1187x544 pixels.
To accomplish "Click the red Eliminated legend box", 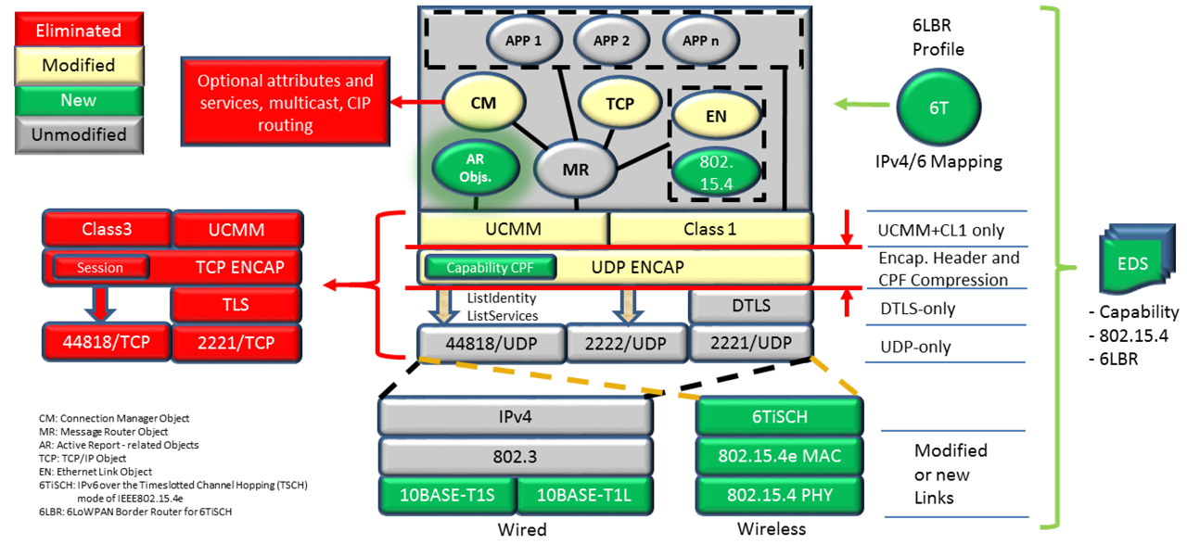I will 78,31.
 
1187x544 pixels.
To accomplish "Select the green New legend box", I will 78,100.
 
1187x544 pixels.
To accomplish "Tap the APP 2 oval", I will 612,41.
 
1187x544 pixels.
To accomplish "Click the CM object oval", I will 483,103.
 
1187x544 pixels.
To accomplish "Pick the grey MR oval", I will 576,171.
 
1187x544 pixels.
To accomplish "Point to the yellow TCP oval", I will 619,104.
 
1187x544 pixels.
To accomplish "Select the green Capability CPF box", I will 491,268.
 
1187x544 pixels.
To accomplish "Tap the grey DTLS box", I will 750,305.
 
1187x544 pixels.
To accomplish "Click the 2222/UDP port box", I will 625,342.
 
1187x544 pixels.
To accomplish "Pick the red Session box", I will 100,268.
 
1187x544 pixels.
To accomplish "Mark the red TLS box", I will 236,305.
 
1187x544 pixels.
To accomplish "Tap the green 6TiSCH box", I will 779,417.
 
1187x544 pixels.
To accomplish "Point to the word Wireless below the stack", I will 772,529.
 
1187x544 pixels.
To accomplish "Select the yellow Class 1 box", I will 709,228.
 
